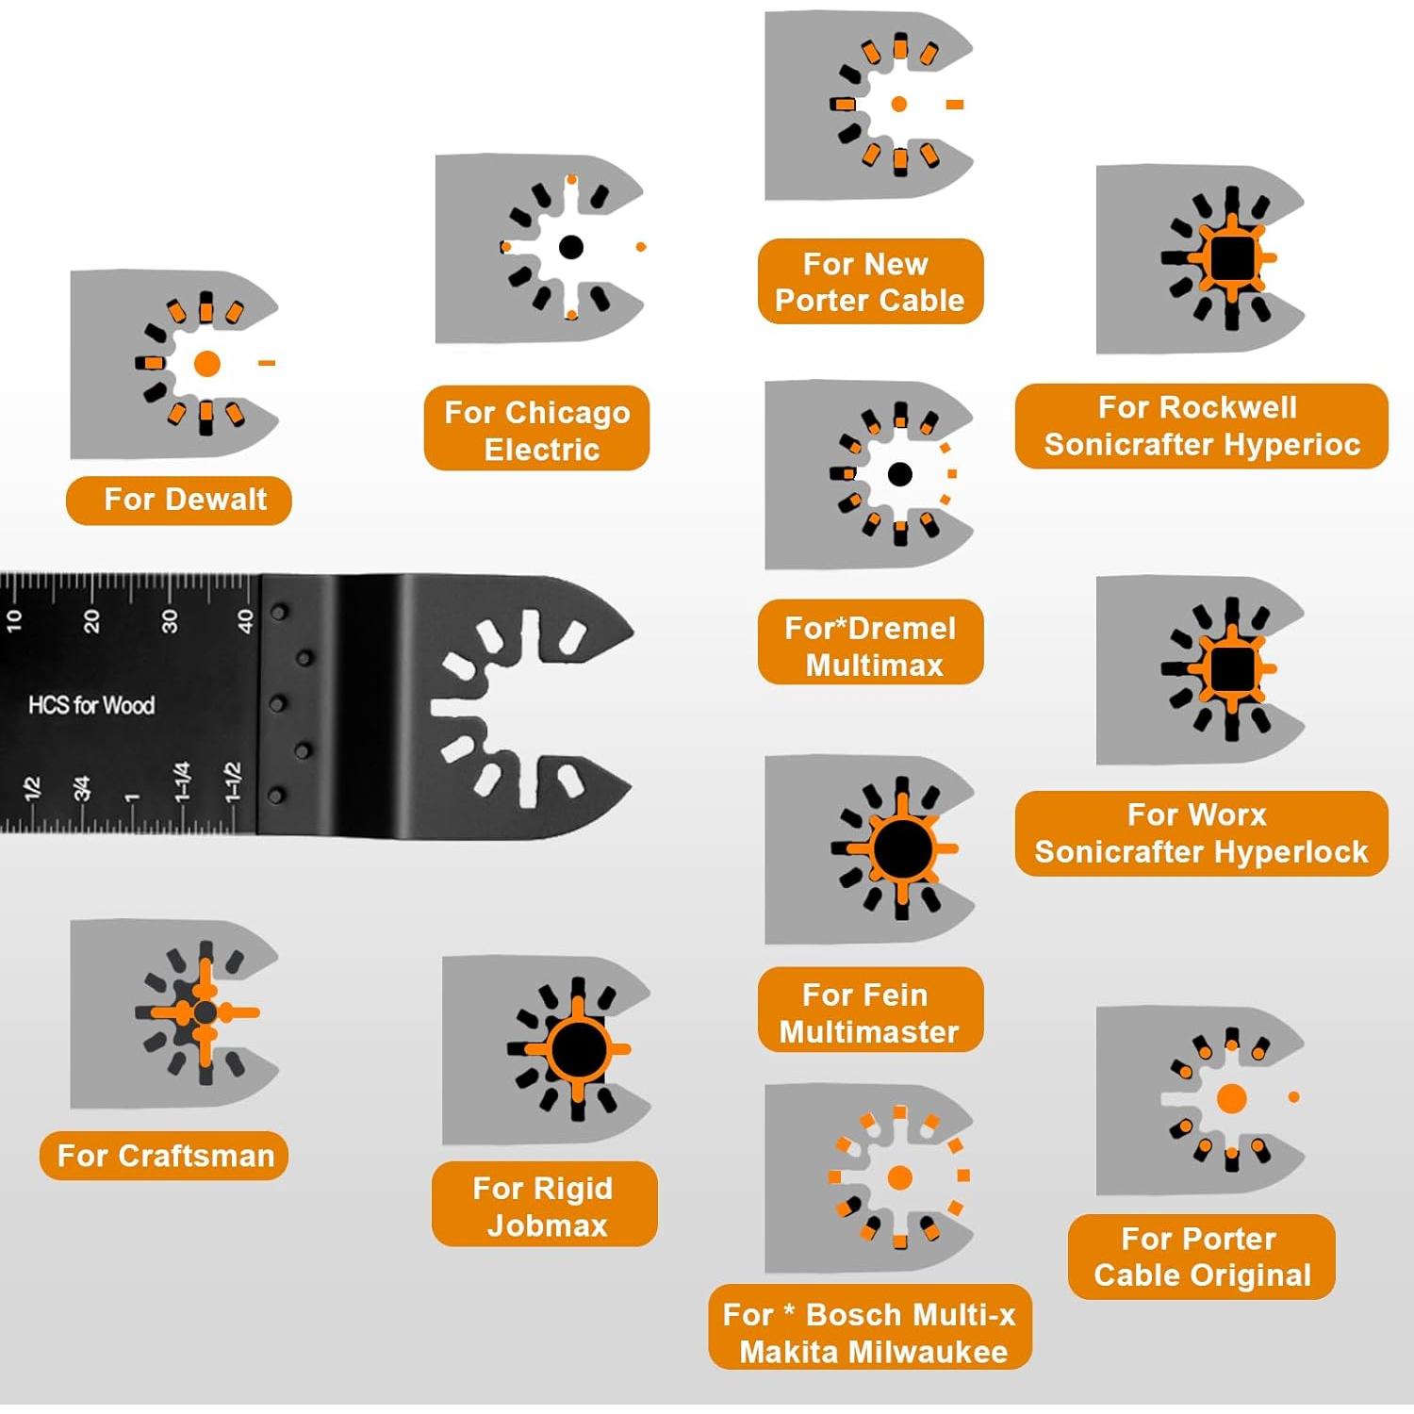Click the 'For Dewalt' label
(x=179, y=500)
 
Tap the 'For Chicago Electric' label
(x=537, y=429)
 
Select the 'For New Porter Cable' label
(x=870, y=282)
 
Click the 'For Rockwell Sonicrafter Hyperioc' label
(x=1201, y=426)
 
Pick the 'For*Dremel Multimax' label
(x=870, y=646)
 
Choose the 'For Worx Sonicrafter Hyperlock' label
(x=1201, y=833)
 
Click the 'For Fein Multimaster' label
(x=870, y=1012)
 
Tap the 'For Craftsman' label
(x=164, y=1156)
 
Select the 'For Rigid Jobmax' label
(x=544, y=1206)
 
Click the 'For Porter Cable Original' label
(x=1201, y=1257)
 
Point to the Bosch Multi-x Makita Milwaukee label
(x=870, y=1332)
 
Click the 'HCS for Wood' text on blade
(x=91, y=705)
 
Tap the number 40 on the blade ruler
(x=245, y=620)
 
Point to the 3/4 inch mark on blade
(x=82, y=788)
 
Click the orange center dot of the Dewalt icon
(x=206, y=364)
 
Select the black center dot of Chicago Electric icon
(x=570, y=247)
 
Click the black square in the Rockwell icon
(x=1231, y=257)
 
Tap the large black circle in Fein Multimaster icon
(x=902, y=848)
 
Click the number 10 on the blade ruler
(x=13, y=620)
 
